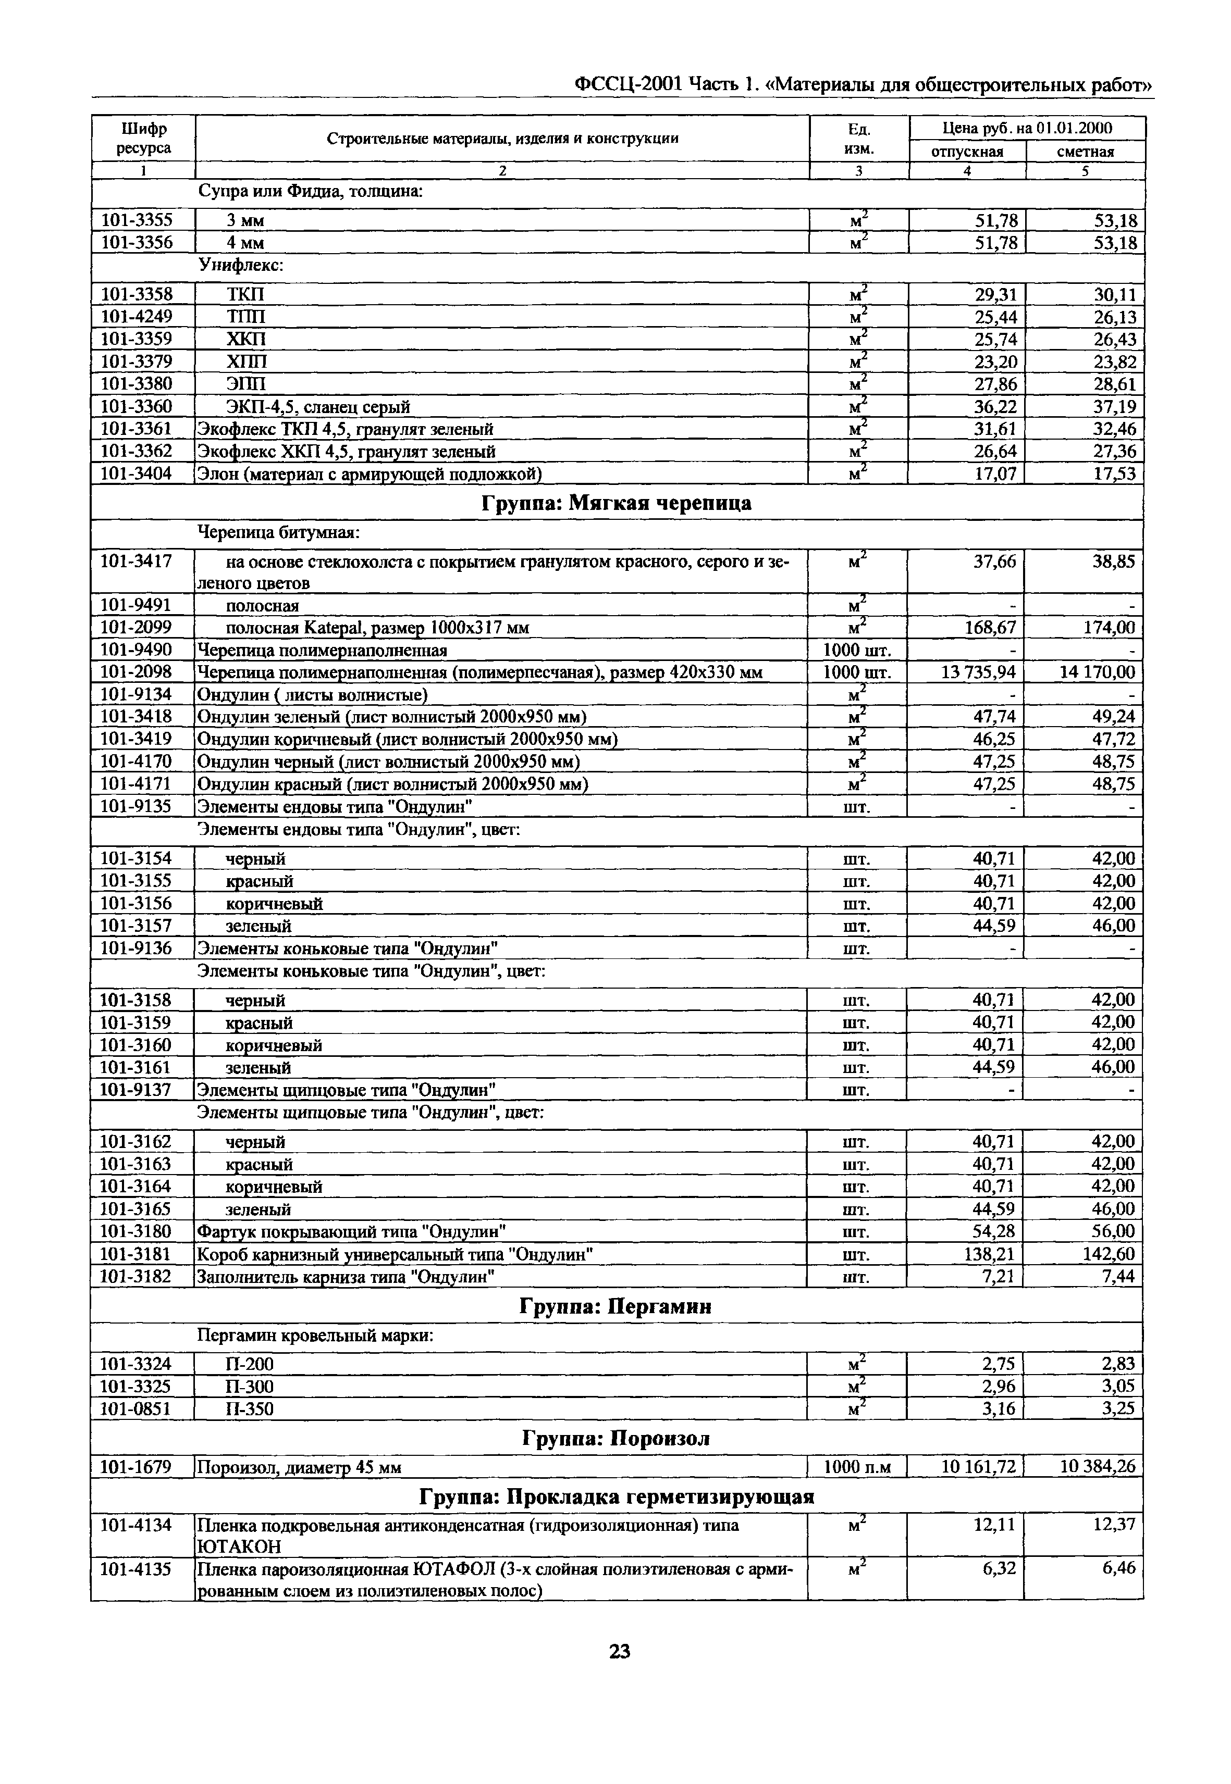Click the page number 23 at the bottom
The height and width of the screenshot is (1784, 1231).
point(619,1651)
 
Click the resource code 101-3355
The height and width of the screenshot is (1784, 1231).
point(137,220)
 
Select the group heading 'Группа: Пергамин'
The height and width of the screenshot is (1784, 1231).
point(615,1307)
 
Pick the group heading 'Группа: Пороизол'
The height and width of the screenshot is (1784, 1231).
point(615,1439)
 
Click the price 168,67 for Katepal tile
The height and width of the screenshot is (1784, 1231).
point(990,628)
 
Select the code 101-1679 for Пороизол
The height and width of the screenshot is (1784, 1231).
point(137,1466)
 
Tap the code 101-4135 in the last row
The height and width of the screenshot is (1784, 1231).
point(137,1569)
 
